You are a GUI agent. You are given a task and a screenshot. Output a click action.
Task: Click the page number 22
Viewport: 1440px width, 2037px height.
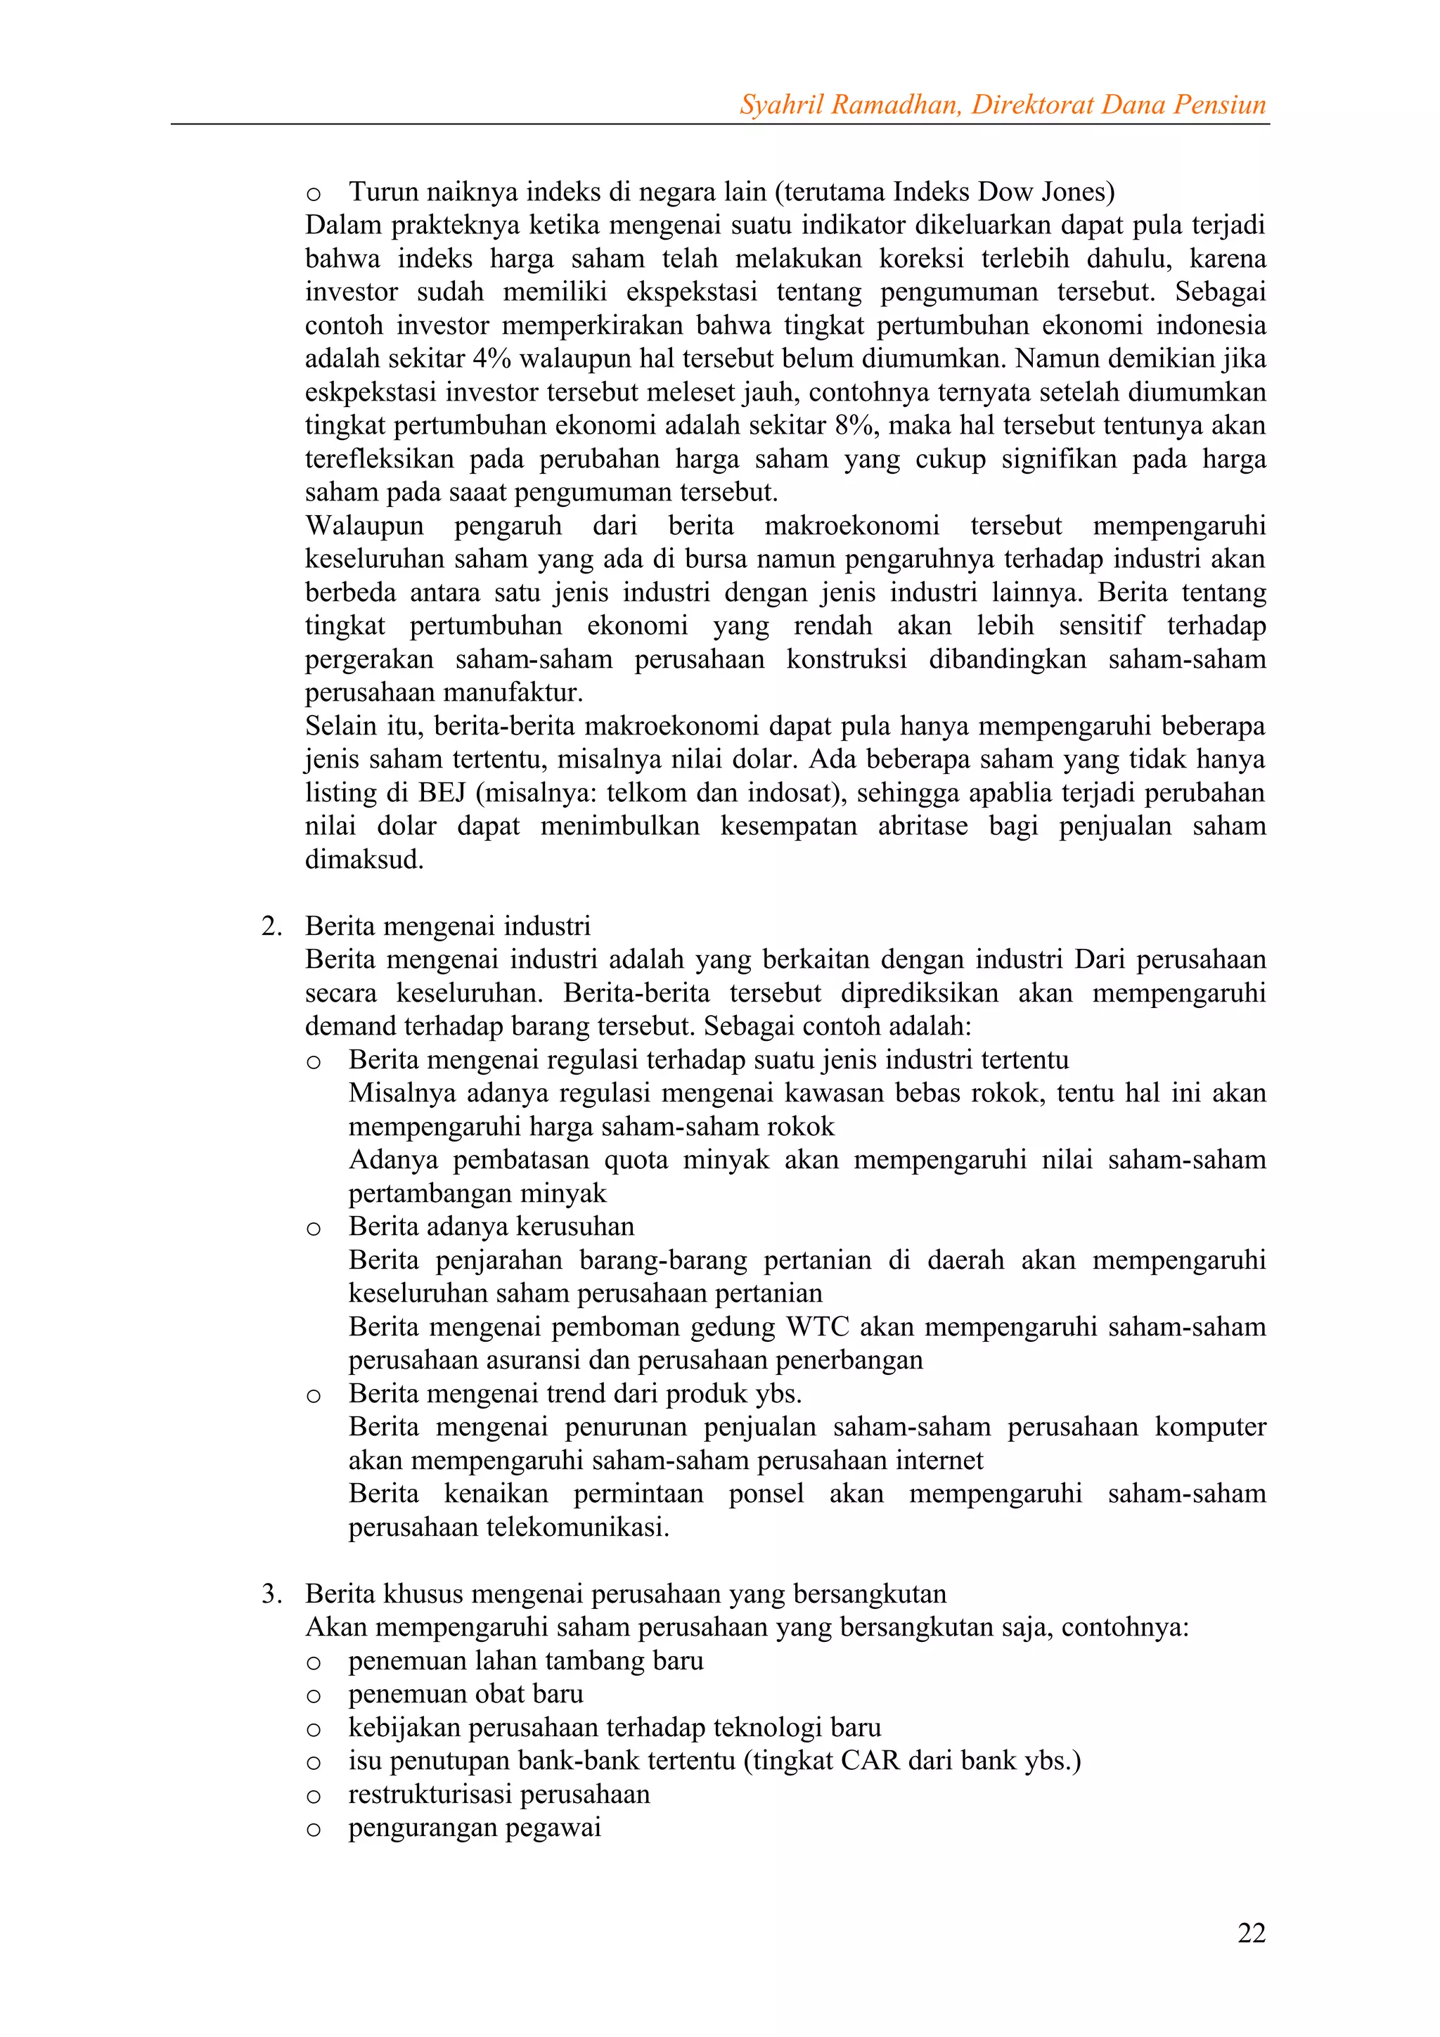pyautogui.click(x=1251, y=1932)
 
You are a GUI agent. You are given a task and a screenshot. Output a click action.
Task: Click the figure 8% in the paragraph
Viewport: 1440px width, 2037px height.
pyautogui.click(x=854, y=425)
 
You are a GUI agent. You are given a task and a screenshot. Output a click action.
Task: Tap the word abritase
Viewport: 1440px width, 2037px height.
pyautogui.click(x=922, y=826)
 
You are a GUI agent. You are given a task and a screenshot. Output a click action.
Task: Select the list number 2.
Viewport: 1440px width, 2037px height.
pyautogui.click(x=271, y=926)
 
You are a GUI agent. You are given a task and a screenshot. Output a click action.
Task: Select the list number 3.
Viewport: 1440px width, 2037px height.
pyautogui.click(x=271, y=1594)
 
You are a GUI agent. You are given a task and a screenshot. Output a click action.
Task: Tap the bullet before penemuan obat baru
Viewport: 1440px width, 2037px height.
pyautogui.click(x=313, y=1696)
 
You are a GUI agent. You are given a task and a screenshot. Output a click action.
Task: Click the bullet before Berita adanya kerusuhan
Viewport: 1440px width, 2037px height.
pyautogui.click(x=313, y=1229)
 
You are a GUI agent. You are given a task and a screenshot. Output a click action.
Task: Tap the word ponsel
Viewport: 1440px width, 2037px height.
pyautogui.click(x=766, y=1494)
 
